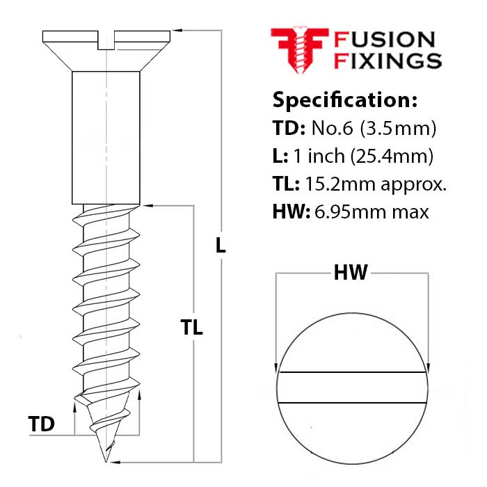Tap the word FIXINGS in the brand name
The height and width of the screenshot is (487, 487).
(x=388, y=61)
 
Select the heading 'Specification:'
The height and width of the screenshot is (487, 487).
(x=344, y=99)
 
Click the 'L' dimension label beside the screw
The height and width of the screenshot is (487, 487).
(x=221, y=245)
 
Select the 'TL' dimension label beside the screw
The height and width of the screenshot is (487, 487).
(x=191, y=328)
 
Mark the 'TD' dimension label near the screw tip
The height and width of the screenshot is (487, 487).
(x=42, y=424)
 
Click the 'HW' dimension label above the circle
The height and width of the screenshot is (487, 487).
(x=351, y=273)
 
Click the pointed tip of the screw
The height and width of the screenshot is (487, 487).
(x=106, y=460)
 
